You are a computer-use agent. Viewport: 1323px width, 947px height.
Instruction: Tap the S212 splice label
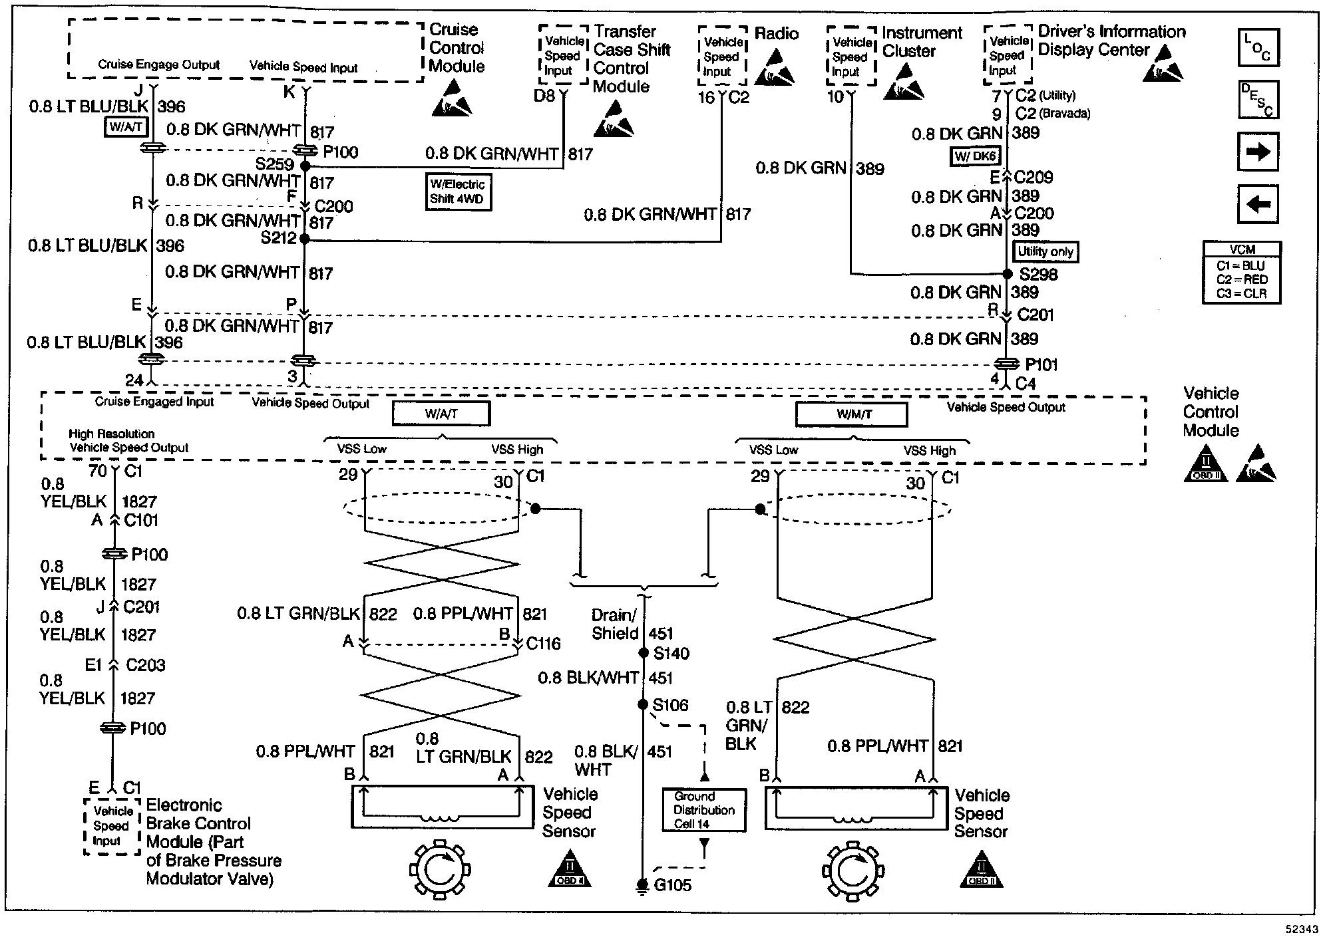[x=278, y=238]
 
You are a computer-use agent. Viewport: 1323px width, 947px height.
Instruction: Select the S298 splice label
[x=1038, y=275]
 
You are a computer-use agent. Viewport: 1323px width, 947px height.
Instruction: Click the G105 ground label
[x=672, y=885]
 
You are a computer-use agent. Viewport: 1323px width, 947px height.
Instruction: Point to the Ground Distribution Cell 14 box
[x=704, y=810]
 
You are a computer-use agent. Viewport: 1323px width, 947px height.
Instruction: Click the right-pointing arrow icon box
[x=1258, y=152]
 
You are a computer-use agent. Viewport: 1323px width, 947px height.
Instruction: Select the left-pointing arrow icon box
[x=1258, y=204]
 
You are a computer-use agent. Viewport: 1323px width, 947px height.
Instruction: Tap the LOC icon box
[x=1258, y=47]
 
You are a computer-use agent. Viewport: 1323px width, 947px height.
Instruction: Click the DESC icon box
[x=1258, y=100]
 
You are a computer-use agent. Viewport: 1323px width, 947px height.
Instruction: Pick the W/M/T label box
[x=851, y=415]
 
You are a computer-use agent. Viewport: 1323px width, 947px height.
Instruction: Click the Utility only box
[x=1045, y=252]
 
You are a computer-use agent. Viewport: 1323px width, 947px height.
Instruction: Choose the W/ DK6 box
[x=975, y=156]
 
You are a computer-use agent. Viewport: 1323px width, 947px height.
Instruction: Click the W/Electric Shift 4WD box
[x=459, y=192]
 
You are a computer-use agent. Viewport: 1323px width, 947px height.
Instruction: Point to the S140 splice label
[x=671, y=654]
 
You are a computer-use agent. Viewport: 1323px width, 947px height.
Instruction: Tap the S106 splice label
[x=670, y=705]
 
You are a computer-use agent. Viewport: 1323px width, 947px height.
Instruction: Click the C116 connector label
[x=543, y=644]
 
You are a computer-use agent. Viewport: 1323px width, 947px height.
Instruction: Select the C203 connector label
[x=145, y=665]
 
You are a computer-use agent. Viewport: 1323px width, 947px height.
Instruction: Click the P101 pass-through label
[x=1041, y=364]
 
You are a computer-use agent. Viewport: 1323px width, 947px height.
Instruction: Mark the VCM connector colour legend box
[x=1242, y=273]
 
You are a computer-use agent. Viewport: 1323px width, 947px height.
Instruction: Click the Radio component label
[x=777, y=34]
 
